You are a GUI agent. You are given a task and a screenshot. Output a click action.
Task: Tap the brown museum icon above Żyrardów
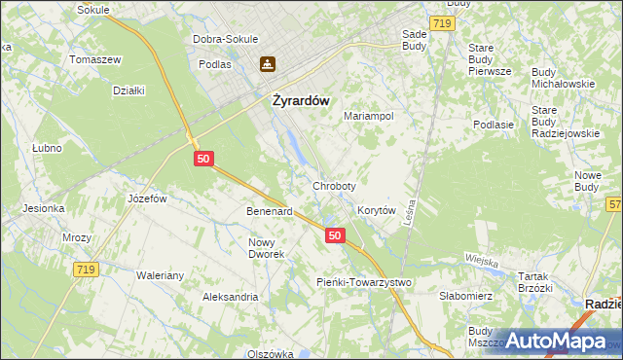coord(267,65)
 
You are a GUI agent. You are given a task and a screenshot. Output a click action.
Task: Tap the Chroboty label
coord(334,185)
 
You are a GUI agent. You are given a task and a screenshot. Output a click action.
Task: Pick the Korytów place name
coord(376,210)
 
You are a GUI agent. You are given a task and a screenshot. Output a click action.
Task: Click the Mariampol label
coord(368,116)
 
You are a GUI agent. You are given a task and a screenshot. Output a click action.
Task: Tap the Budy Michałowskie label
coord(563,78)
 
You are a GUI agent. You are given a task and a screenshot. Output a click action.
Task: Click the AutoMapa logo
coord(551,341)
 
